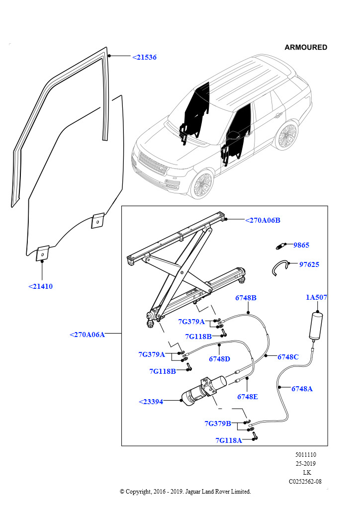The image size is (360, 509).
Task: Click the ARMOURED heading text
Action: click(306, 48)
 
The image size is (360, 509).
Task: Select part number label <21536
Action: click(144, 58)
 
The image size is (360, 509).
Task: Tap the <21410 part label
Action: click(40, 286)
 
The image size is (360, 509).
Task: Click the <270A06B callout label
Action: click(263, 220)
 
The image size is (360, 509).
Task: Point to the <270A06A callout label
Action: click(87, 335)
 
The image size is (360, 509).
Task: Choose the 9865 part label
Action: click(301, 245)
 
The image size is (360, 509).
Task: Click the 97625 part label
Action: click(309, 264)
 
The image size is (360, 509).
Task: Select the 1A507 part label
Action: click(316, 297)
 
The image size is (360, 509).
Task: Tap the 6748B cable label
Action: click(246, 298)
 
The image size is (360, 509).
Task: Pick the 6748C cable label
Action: click(288, 357)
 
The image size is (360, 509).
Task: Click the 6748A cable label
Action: click(302, 389)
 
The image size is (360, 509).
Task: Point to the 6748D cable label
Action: click(219, 358)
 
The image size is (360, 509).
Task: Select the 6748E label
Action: click(247, 397)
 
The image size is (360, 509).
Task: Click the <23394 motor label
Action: click(151, 402)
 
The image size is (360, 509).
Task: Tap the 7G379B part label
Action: click(218, 424)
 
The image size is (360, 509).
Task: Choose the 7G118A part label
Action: click(229, 440)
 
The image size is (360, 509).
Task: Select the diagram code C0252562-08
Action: click(305, 481)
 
